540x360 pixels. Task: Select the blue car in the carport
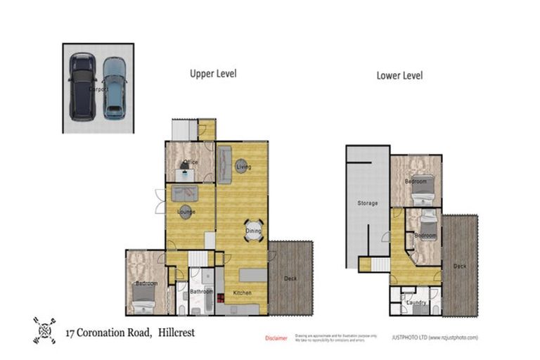[114, 88]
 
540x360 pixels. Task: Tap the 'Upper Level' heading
[212, 73]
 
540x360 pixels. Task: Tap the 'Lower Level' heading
[399, 75]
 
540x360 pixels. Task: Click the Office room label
[190, 163]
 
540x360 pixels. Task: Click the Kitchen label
[242, 292]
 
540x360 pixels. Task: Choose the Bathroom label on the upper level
[201, 291]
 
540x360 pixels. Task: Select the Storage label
[367, 203]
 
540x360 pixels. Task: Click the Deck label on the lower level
[459, 266]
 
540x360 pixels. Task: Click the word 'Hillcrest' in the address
[175, 333]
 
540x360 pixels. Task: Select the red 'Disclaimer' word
[276, 338]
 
